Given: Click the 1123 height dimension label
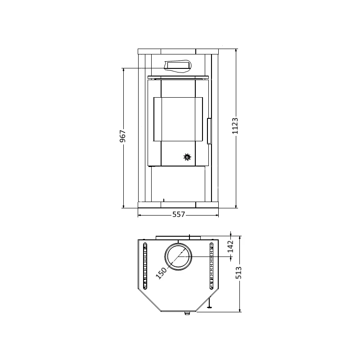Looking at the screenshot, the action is coord(235,126).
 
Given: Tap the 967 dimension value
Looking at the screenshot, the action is coord(123,136).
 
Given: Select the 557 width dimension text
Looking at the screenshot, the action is coord(179,214).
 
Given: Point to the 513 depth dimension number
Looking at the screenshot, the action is coord(239,273).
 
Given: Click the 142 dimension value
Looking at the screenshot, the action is coord(230,246).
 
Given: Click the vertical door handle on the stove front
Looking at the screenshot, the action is coord(209,131).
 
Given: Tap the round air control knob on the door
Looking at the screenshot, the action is coord(187,157).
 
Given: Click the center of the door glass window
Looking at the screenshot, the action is coord(178,119).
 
